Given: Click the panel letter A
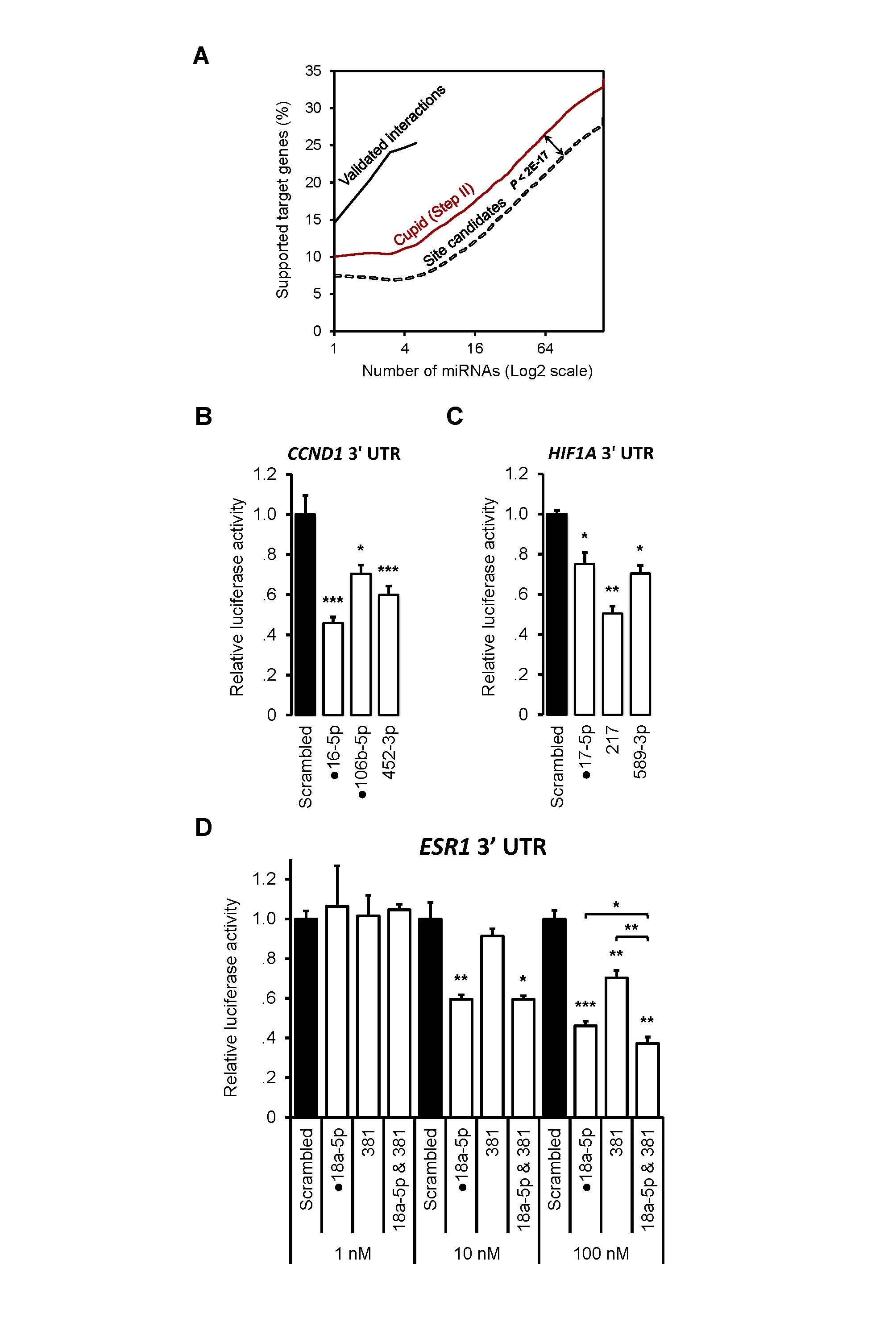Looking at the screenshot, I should point(201,57).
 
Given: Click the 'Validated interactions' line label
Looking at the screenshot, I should point(392,136).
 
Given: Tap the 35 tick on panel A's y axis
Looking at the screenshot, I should point(313,71).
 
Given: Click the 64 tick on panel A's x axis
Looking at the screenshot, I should point(545,348).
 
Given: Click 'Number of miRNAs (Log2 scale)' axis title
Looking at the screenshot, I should point(477,371).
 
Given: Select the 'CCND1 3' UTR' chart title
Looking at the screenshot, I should point(344,453).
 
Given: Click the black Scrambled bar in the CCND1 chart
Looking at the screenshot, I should point(305,615).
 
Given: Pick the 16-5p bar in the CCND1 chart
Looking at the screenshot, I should point(333,668).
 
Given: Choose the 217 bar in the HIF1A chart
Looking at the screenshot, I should point(612,664).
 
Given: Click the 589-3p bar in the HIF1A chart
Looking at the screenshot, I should point(640,644).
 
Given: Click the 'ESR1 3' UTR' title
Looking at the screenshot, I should point(482,847).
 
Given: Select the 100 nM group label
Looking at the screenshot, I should point(601,1253).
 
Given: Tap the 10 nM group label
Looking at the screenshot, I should point(477,1253).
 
